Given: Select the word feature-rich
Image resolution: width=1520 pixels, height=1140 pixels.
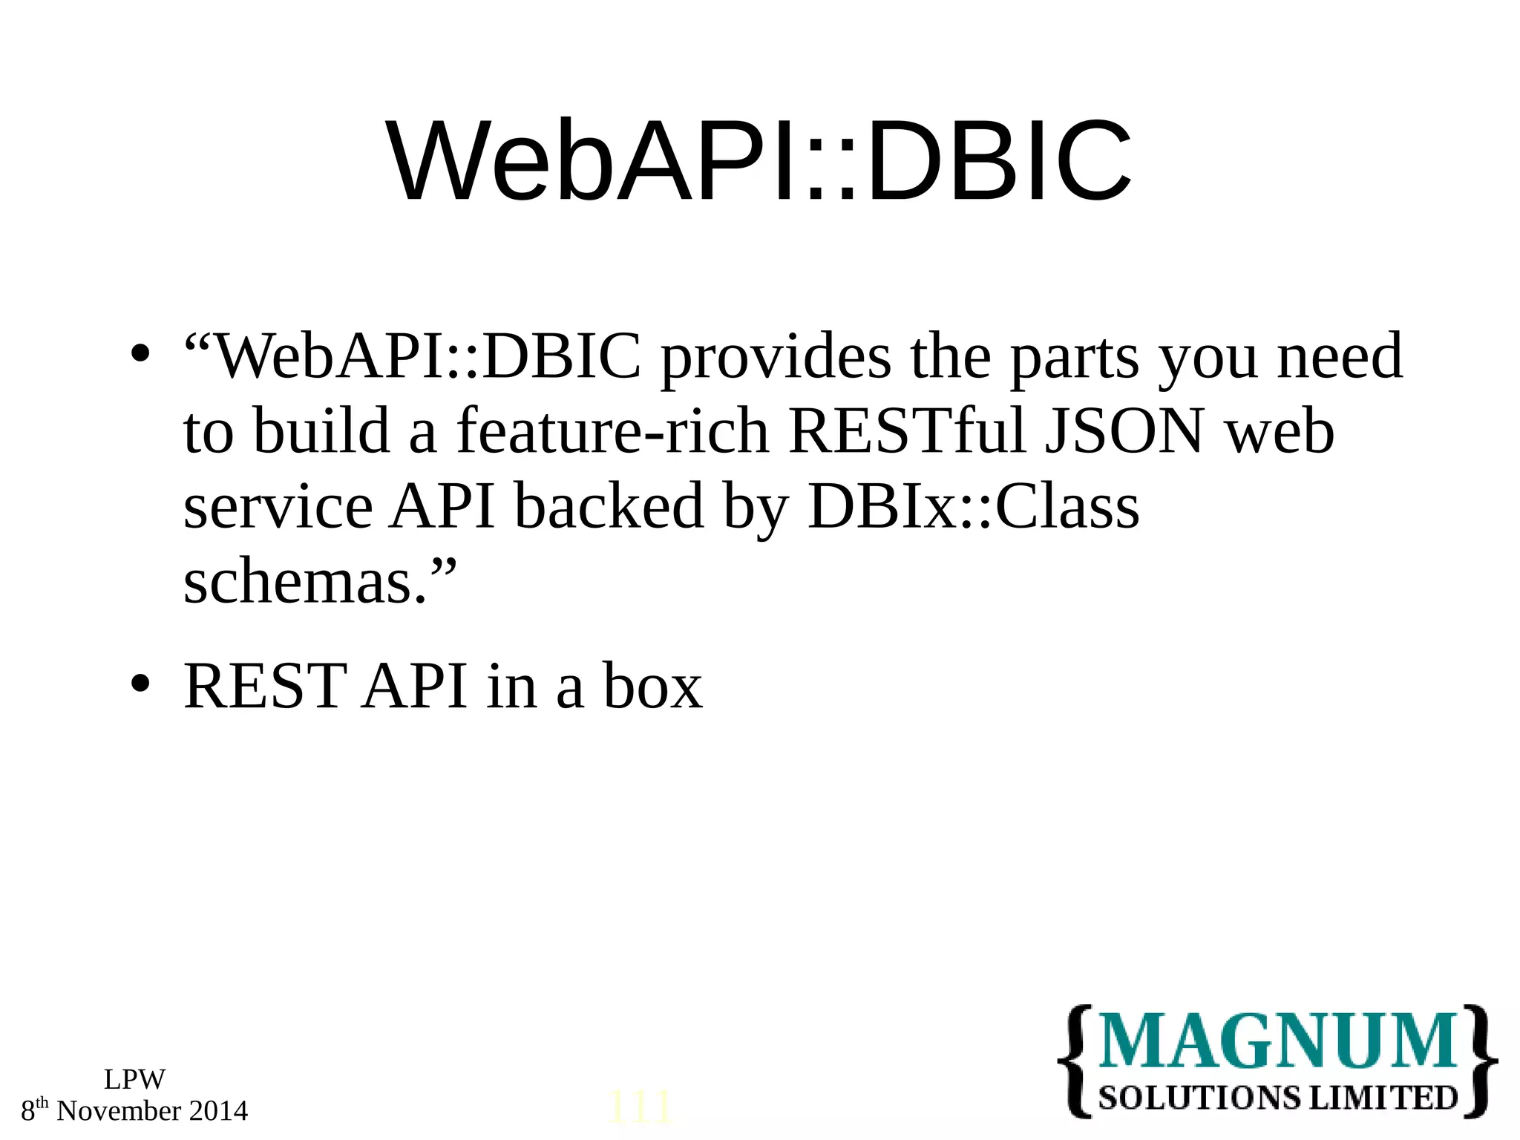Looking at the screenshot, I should tap(612, 432).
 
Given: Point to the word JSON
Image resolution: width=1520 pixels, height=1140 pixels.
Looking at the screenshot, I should tap(1124, 432).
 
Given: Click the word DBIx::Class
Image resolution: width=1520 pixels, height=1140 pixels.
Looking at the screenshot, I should tap(973, 508).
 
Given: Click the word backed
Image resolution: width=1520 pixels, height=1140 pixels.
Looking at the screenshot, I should tap(609, 508).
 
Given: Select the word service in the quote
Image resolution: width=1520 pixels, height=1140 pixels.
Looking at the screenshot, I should tap(278, 508).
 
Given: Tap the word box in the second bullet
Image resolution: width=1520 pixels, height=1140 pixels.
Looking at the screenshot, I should tap(652, 687).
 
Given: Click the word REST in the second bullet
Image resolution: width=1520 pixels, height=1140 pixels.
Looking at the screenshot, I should tap(264, 687).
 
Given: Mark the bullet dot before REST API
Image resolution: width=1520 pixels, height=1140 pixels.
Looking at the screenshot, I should tap(140, 684).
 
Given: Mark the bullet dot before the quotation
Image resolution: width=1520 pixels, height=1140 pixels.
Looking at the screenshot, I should tap(140, 354).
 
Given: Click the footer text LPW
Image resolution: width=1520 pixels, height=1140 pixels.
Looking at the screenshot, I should tap(134, 1079).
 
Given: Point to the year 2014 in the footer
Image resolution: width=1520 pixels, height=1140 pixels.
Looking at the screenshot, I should tap(218, 1111).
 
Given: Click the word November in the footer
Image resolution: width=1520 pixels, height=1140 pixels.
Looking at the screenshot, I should tap(119, 1111).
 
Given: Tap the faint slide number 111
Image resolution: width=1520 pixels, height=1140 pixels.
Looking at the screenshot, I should tap(639, 1108).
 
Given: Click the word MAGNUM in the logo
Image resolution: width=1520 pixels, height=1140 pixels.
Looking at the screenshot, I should tap(1277, 1041).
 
